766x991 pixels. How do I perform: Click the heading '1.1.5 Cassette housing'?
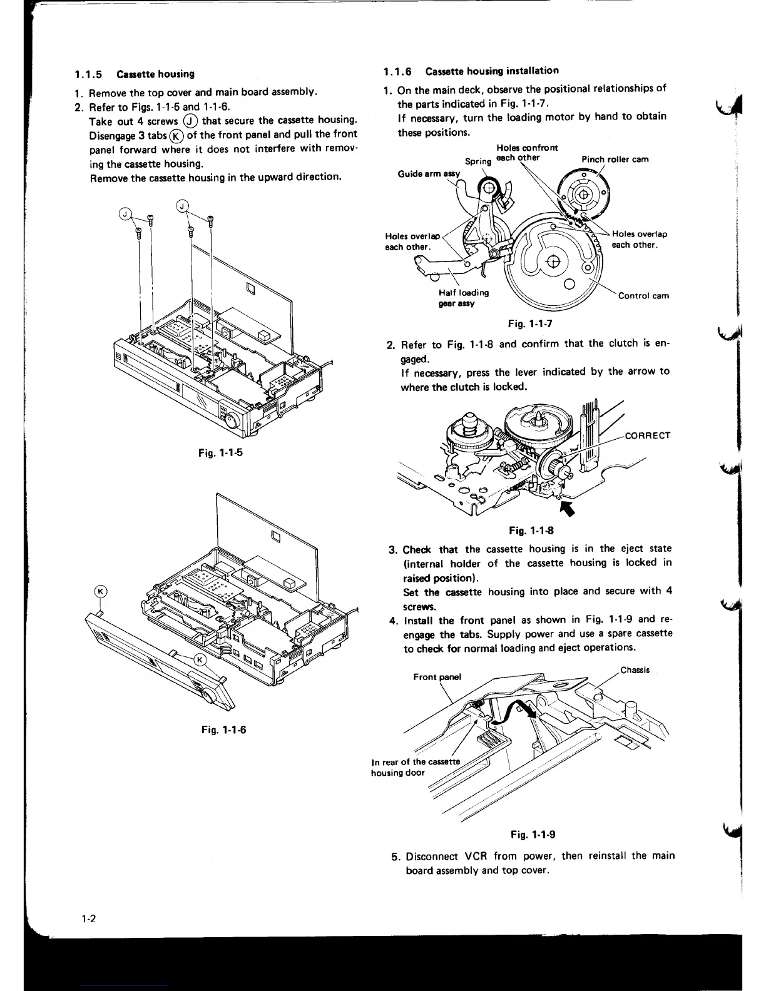coord(134,74)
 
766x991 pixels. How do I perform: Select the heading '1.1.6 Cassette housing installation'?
coord(472,71)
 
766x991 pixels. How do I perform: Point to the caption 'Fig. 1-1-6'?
coord(220,729)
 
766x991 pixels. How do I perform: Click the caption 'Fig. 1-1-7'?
coord(529,323)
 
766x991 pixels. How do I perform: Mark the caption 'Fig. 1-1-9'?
coord(533,835)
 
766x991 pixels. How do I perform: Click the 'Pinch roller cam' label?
coord(615,160)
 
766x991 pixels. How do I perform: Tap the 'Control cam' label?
coord(643,296)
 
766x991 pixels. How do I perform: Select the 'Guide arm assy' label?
coord(429,173)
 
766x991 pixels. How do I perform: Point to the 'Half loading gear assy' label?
coord(464,298)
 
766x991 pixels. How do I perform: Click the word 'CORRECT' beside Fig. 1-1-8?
coord(648,435)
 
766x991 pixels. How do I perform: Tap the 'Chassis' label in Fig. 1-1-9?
coord(635,670)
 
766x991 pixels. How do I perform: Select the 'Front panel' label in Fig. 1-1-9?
coord(437,677)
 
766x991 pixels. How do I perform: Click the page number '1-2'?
coord(87,919)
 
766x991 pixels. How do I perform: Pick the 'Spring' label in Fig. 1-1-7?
coord(478,161)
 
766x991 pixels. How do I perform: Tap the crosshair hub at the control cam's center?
coord(553,261)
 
